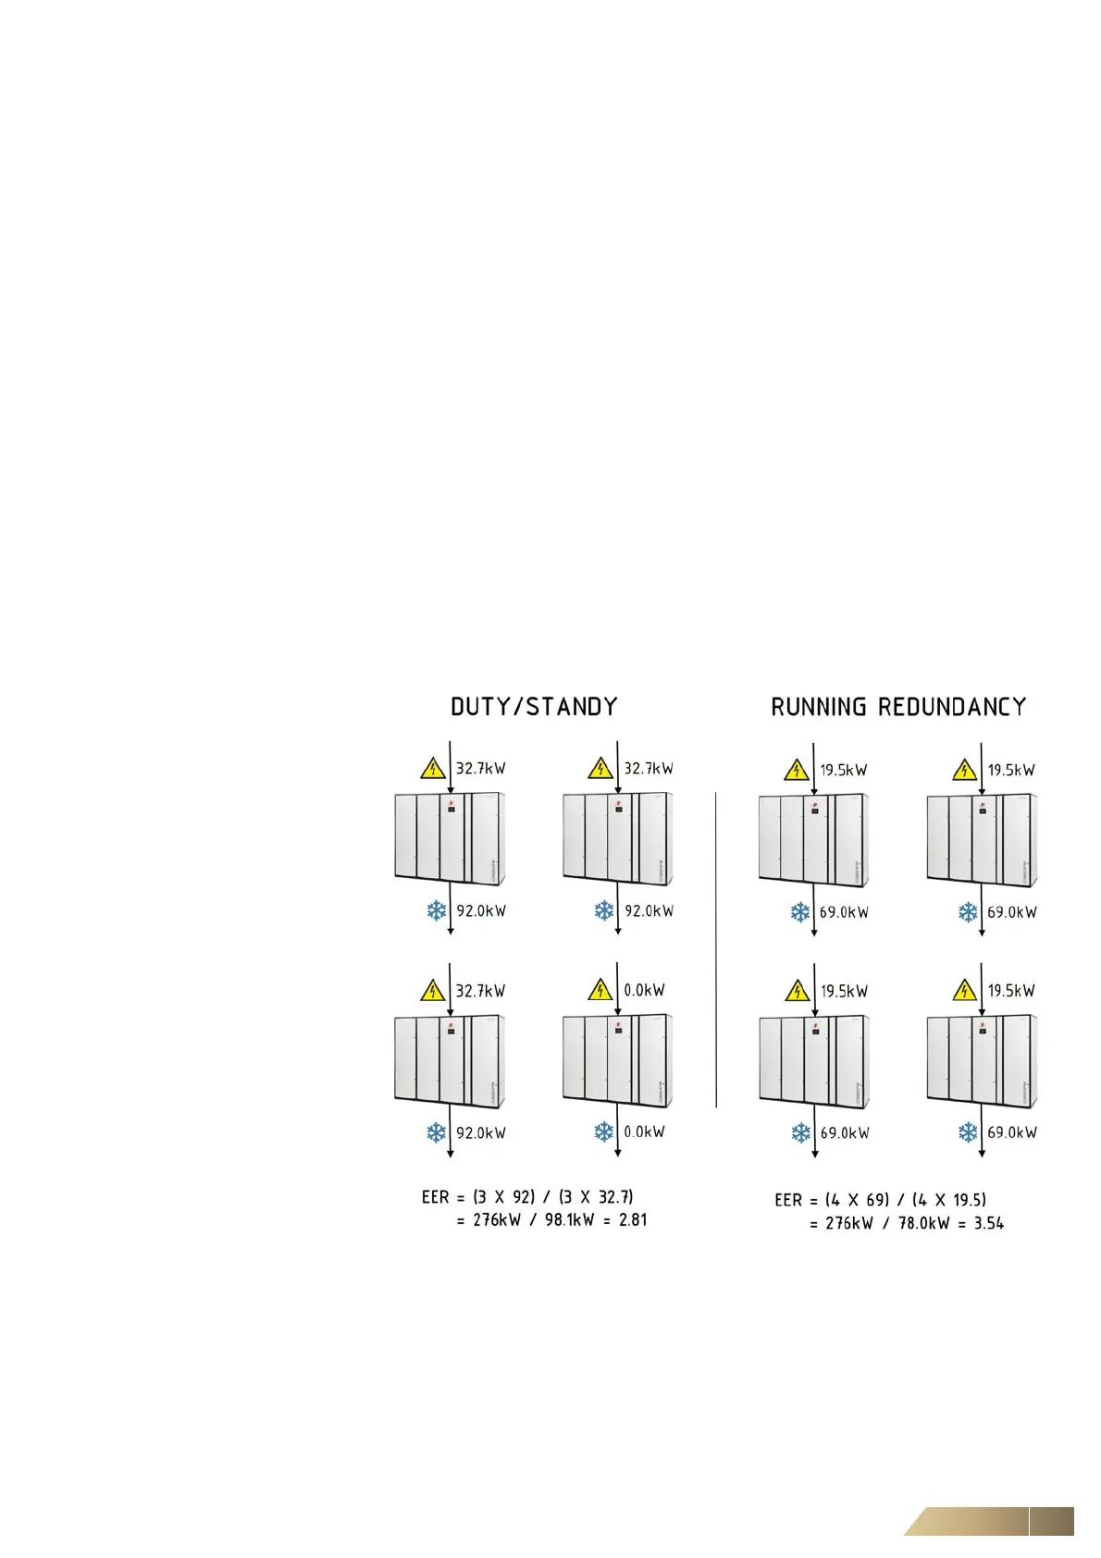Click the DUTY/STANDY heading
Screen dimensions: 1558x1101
534,707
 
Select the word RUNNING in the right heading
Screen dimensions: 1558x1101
819,708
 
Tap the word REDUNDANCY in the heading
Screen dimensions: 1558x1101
952,708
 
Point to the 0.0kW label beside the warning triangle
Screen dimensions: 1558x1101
644,990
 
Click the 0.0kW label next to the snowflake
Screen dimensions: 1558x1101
644,1131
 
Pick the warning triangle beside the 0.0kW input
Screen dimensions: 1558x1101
600,991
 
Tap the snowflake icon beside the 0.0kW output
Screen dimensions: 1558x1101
603,1131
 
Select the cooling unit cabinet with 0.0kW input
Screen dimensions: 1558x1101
617,1060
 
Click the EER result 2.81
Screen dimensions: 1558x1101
633,1219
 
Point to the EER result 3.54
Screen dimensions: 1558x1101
989,1223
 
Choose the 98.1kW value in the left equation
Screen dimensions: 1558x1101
569,1219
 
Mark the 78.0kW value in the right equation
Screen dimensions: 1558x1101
924,1223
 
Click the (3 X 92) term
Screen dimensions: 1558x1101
503,1197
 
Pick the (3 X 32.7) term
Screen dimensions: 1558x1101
597,1197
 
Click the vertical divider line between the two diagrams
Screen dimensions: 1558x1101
716,948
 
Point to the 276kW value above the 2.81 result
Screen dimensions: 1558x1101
497,1219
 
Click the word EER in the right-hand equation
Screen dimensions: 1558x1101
788,1200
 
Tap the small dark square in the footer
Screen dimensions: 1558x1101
1052,1521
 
